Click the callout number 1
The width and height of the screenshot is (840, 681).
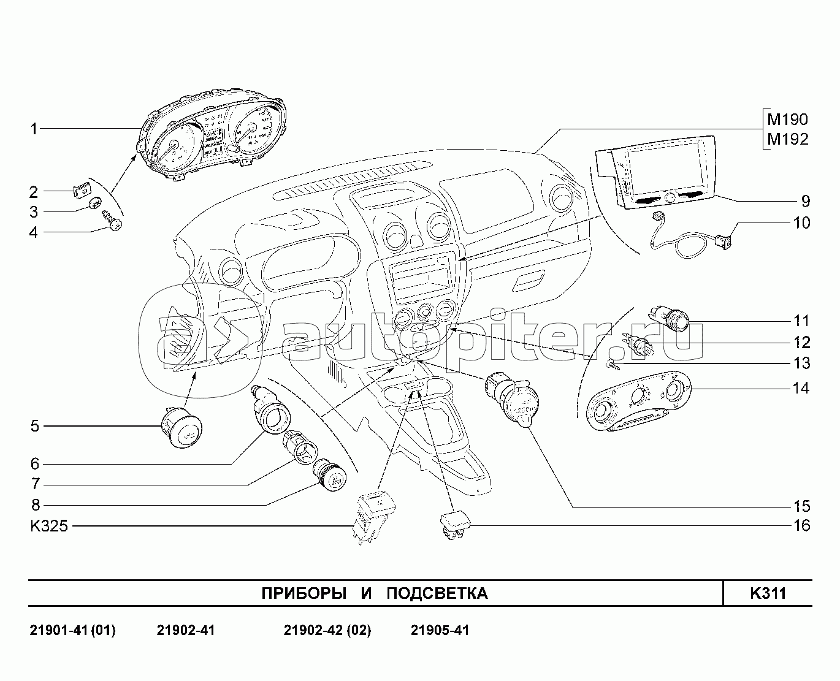click(34, 129)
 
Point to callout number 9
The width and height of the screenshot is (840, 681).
click(805, 201)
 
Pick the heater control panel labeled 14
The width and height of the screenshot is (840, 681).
click(638, 404)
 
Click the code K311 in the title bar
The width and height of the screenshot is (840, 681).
click(768, 593)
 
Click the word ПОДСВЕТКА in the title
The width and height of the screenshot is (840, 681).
click(437, 593)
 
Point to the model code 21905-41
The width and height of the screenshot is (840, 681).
click(440, 630)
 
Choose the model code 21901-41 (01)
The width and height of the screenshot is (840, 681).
click(72, 630)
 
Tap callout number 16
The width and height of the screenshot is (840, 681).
click(801, 525)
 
